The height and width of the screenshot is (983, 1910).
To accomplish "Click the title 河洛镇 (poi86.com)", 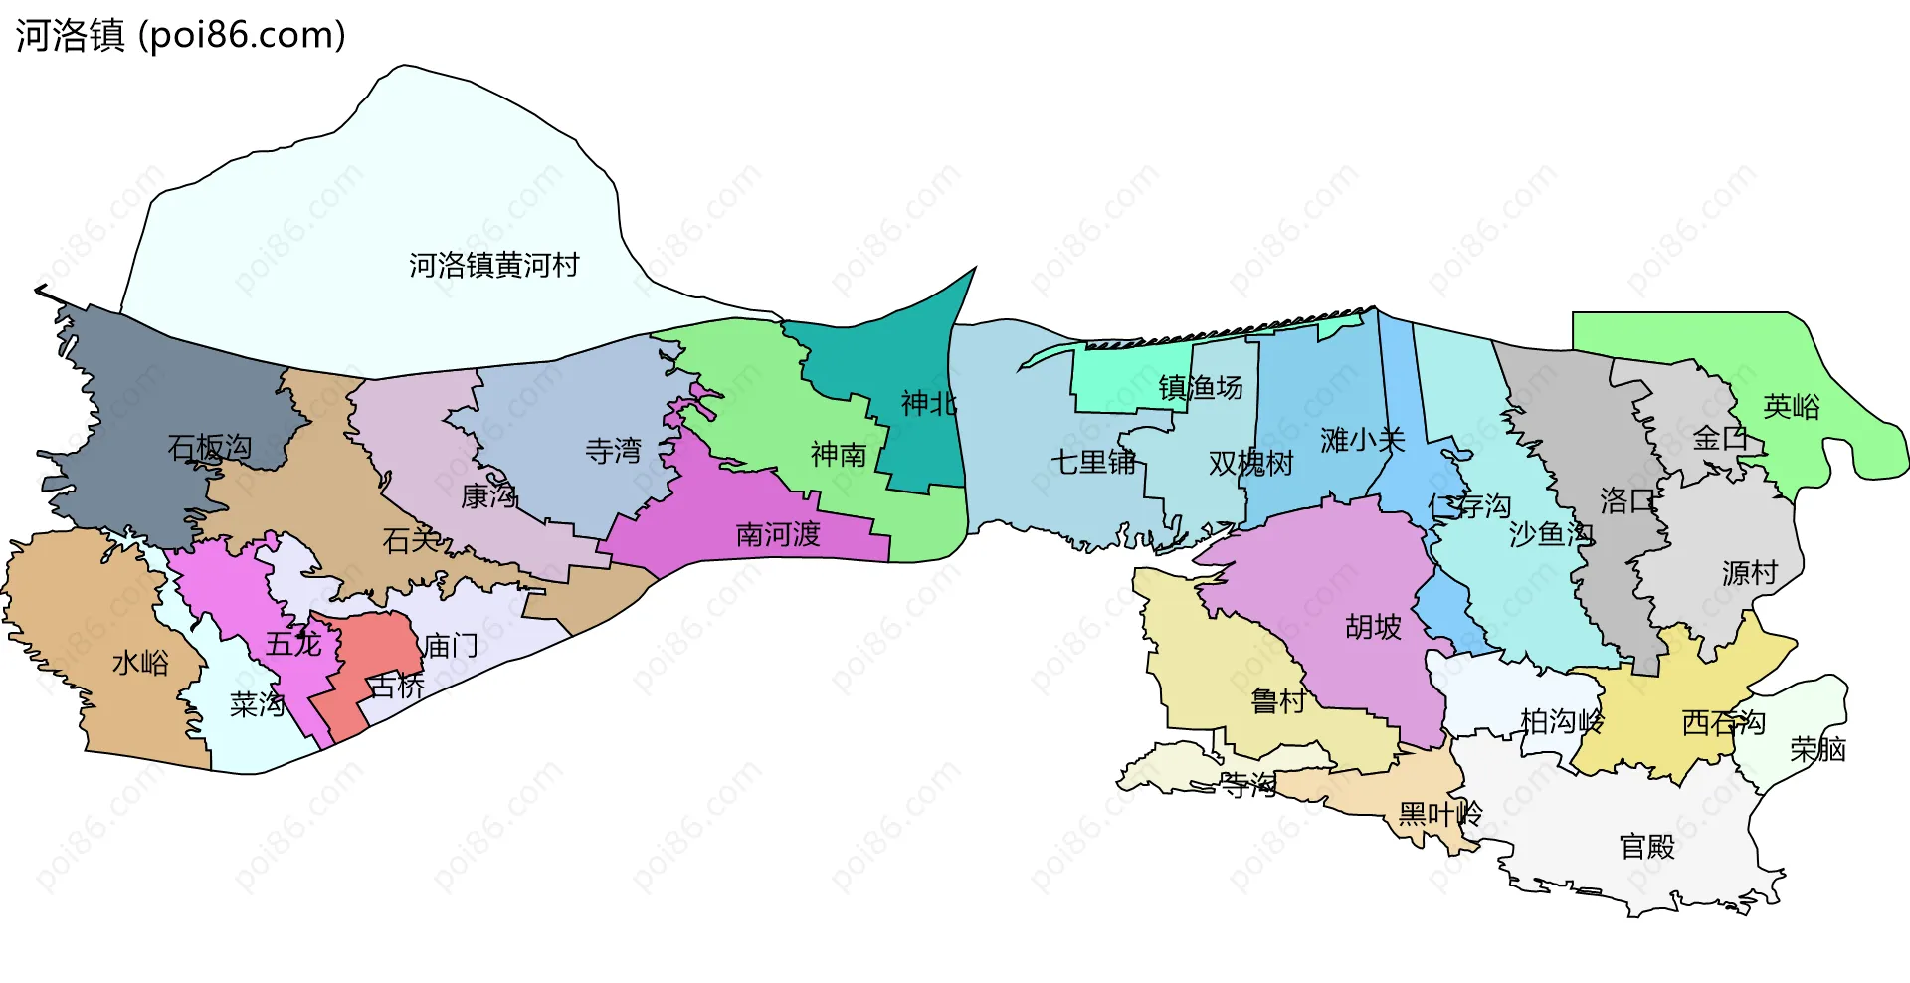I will (180, 35).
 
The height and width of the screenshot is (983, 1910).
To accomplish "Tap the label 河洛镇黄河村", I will (493, 265).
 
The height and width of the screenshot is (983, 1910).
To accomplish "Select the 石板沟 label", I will (209, 448).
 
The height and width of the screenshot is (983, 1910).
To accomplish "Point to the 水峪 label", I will (140, 663).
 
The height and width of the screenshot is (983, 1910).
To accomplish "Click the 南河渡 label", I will (778, 535).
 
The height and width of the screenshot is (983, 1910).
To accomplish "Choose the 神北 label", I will (928, 403).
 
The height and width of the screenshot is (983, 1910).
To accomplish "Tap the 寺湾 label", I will (613, 451).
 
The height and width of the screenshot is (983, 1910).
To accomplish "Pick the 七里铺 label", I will (1093, 462).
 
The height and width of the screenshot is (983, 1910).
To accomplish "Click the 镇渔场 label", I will (1201, 387).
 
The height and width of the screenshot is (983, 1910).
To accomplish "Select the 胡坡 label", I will (1373, 627).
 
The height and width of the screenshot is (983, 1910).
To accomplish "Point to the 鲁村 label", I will (1278, 701).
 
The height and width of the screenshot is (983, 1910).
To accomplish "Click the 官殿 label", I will (1647, 847).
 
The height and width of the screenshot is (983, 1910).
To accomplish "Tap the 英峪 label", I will (1791, 406).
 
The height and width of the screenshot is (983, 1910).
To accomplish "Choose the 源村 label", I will (1750, 573).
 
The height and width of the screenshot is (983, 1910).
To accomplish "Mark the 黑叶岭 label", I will (1439, 814).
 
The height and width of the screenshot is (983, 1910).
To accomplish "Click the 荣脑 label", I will (1817, 749).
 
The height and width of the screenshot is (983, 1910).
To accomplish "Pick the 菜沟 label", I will (258, 704).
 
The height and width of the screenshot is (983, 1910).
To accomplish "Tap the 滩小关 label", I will (1362, 440).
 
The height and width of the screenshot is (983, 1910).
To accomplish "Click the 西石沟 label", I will (1723, 722).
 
